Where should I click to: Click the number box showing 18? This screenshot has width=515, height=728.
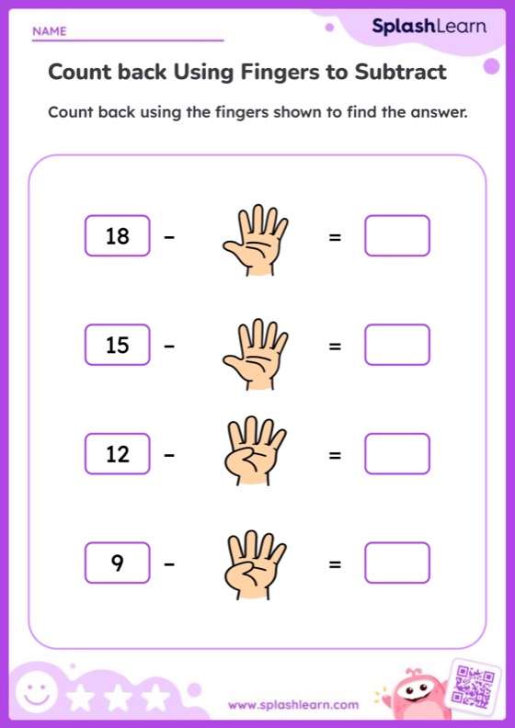point(117,236)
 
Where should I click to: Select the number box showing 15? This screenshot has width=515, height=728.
point(117,346)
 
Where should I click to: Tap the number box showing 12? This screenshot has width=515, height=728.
point(117,454)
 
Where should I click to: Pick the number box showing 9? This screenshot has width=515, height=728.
point(117,563)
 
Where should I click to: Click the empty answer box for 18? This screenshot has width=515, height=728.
point(396,235)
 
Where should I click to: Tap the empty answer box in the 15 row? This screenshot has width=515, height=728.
point(396,345)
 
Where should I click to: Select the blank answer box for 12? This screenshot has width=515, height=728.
point(396,453)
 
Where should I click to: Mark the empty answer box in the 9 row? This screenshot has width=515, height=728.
point(396,563)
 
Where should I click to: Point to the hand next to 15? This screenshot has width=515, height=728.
point(254,348)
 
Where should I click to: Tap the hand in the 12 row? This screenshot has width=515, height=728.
point(252,454)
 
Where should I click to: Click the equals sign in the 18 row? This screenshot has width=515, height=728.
point(335,237)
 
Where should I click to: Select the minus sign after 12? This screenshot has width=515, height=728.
point(169,455)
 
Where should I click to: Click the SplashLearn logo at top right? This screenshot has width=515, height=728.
point(429,28)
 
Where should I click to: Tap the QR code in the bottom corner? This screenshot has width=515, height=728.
point(474,684)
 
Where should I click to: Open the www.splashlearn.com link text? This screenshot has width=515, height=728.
point(292,705)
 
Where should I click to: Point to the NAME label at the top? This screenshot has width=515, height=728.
point(50,31)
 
